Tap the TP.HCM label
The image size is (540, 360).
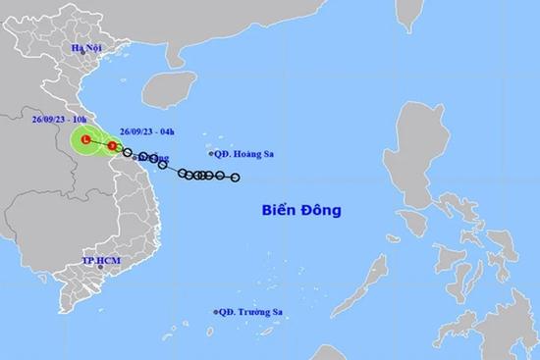pyautogui.click(x=100, y=262)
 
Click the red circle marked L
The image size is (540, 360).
pyautogui.click(x=86, y=142)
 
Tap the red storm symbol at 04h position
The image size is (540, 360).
pyautogui.click(x=112, y=146)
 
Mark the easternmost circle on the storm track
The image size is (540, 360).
pyautogui.click(x=235, y=178)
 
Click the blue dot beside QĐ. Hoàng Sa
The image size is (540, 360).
pyautogui.click(x=212, y=154)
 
